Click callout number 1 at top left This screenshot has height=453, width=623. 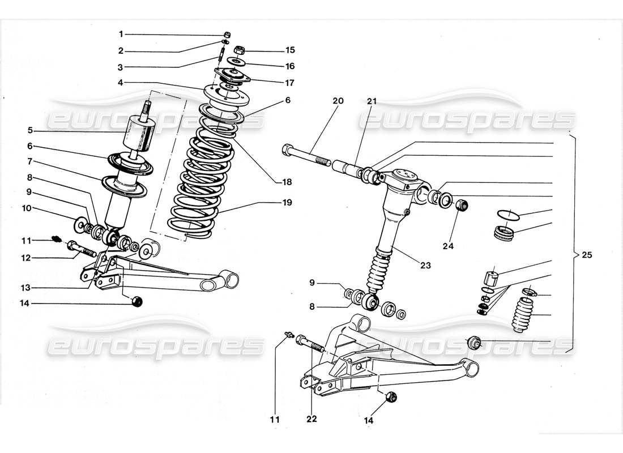tap(121, 34)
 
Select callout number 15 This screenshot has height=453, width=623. tap(291, 50)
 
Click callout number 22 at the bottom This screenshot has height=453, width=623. tap(311, 420)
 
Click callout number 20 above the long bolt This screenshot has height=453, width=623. tap(338, 101)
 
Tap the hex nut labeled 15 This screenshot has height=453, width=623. tap(239, 49)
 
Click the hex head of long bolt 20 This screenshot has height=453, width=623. tap(286, 151)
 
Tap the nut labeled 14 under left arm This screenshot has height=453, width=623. tap(136, 301)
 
